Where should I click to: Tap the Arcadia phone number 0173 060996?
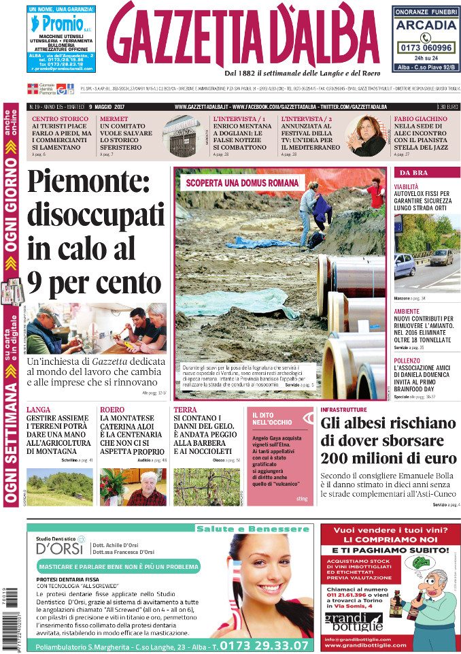tap(425, 48)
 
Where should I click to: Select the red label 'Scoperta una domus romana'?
tap(242, 182)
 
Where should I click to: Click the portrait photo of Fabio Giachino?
tap(367, 135)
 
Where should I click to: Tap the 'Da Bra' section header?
tap(413, 172)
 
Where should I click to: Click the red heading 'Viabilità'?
tap(407, 186)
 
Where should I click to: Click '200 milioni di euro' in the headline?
tap(388, 457)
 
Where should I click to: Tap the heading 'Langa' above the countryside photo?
tap(38, 410)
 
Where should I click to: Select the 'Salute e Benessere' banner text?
tap(252, 528)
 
